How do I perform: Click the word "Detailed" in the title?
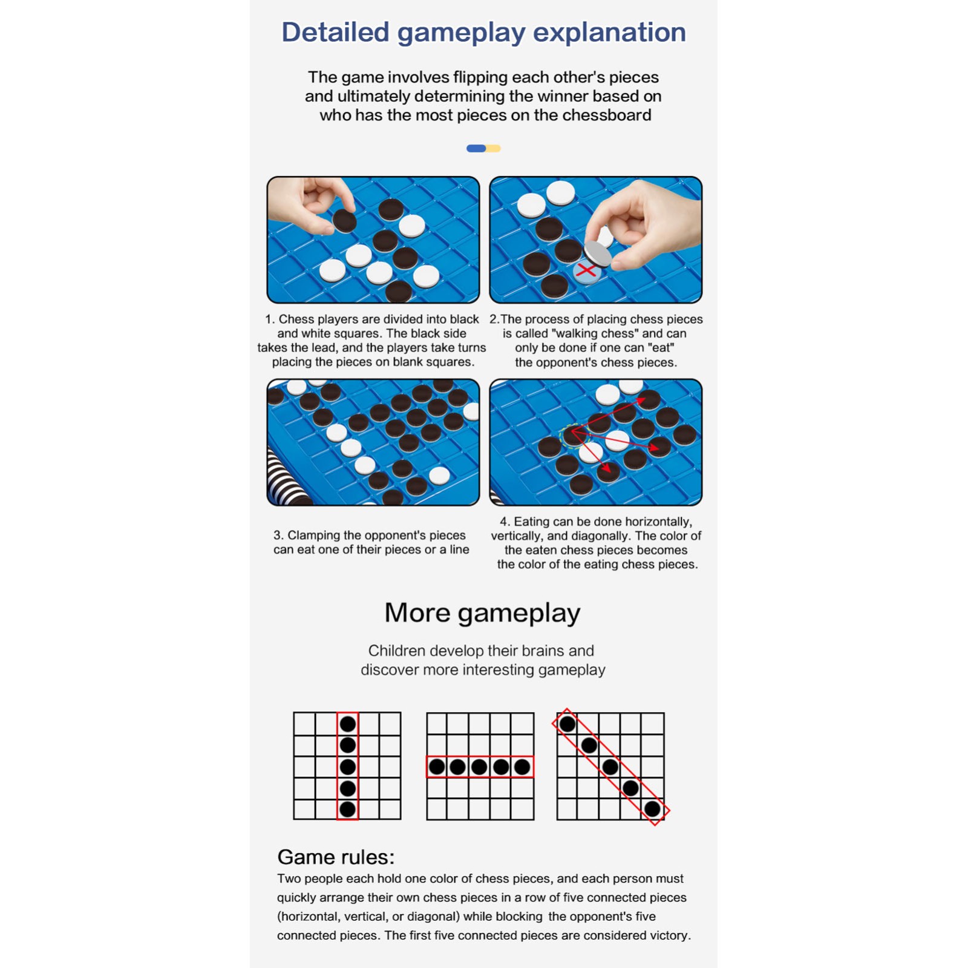coord(335,32)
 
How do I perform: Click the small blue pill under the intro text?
coord(476,148)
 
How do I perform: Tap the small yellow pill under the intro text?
coord(494,148)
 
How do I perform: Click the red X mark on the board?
coord(586,270)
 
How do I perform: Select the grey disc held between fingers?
coord(598,253)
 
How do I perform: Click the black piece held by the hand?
coord(344,221)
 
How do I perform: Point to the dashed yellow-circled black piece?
coord(572,436)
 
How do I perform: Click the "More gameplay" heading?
coord(482,613)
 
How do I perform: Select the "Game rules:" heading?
coord(336,857)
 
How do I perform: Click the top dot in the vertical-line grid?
coord(348,724)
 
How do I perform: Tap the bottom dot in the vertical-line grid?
coord(348,809)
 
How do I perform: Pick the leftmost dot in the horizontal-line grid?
coord(437,767)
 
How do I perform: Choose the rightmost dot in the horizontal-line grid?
coord(522,767)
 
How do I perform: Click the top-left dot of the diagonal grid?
coord(567,724)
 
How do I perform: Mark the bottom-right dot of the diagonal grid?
coord(652,809)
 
